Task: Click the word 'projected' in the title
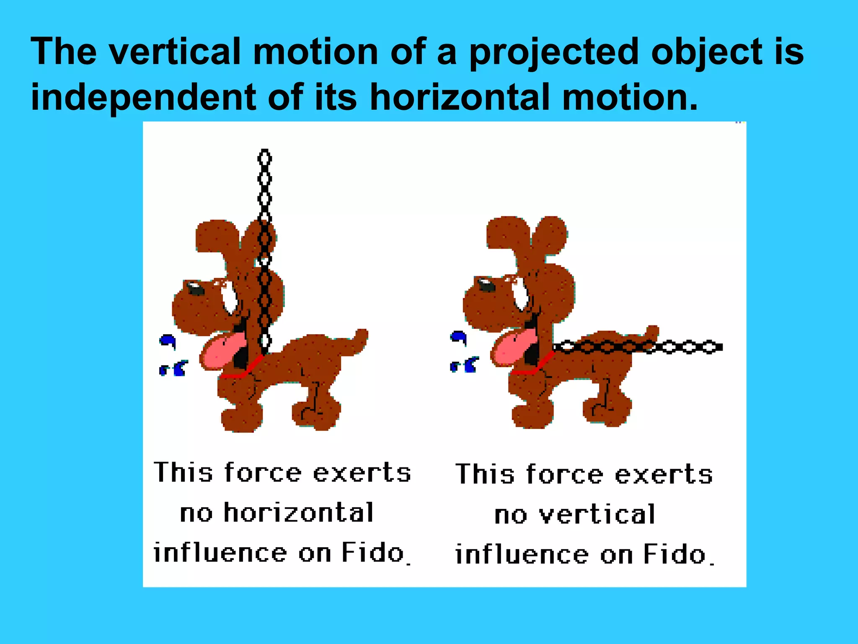[x=555, y=52]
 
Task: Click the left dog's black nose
[x=195, y=288]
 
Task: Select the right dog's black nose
[x=486, y=286]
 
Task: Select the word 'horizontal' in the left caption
[x=298, y=512]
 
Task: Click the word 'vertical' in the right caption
[x=597, y=514]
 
